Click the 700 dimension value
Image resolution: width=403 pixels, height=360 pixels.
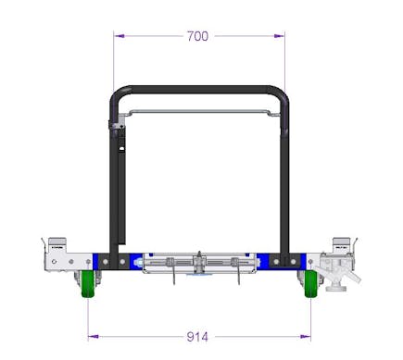[x=197, y=36]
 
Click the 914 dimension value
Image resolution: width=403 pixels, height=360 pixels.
[x=197, y=337]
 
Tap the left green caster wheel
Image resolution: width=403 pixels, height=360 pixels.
[x=88, y=284]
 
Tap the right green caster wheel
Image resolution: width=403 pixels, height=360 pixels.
[x=310, y=284]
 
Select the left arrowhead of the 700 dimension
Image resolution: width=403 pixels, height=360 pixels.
[x=120, y=36]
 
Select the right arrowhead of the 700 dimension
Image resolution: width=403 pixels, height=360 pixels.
[x=279, y=36]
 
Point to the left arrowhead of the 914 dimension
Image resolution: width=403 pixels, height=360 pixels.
[x=94, y=337]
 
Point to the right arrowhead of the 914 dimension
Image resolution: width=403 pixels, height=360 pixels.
[x=305, y=337]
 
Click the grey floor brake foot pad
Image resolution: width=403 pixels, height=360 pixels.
[x=336, y=289]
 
